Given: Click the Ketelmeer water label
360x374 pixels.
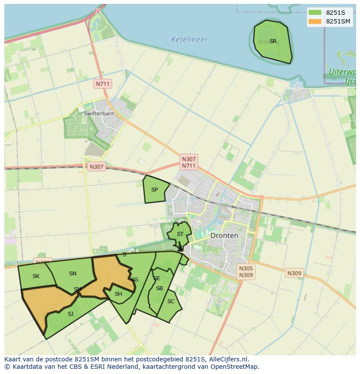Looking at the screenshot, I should point(189,40).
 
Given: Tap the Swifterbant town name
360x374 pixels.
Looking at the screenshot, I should point(99,113).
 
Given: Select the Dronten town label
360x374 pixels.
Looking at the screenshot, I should point(224,235).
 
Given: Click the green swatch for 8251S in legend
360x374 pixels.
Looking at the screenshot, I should point(315,13).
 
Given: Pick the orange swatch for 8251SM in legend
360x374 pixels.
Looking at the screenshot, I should point(315,21).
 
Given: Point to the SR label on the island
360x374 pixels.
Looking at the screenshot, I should point(273,41).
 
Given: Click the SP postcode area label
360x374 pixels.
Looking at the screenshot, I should point(154,190).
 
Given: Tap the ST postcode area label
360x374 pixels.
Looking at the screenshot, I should point(180,234).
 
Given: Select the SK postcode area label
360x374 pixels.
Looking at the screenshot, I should point(36,276).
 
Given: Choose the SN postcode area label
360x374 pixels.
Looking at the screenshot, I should point(73,274).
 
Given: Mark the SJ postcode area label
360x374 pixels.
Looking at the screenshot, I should point(70,314).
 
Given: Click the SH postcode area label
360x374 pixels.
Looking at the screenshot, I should point(118,294).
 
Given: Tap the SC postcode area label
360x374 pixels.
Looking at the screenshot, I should point(171,301).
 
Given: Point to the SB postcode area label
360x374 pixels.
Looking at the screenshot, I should point(160,288).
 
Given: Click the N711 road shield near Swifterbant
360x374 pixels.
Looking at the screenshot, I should point(103,84).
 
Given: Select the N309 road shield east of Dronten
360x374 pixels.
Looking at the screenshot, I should point(294,273).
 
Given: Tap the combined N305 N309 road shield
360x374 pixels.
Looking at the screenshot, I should point(246,272).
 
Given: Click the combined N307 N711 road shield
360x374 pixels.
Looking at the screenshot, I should point(189,162).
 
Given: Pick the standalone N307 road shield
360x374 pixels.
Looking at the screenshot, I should point(97,166).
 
